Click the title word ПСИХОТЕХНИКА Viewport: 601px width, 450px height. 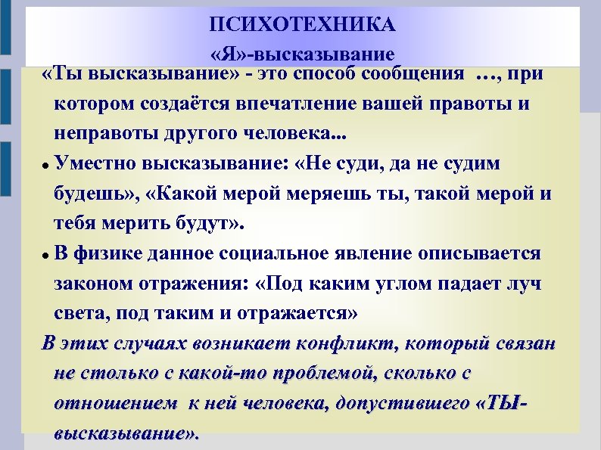point(303,26)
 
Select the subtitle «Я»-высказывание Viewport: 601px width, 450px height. point(303,55)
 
